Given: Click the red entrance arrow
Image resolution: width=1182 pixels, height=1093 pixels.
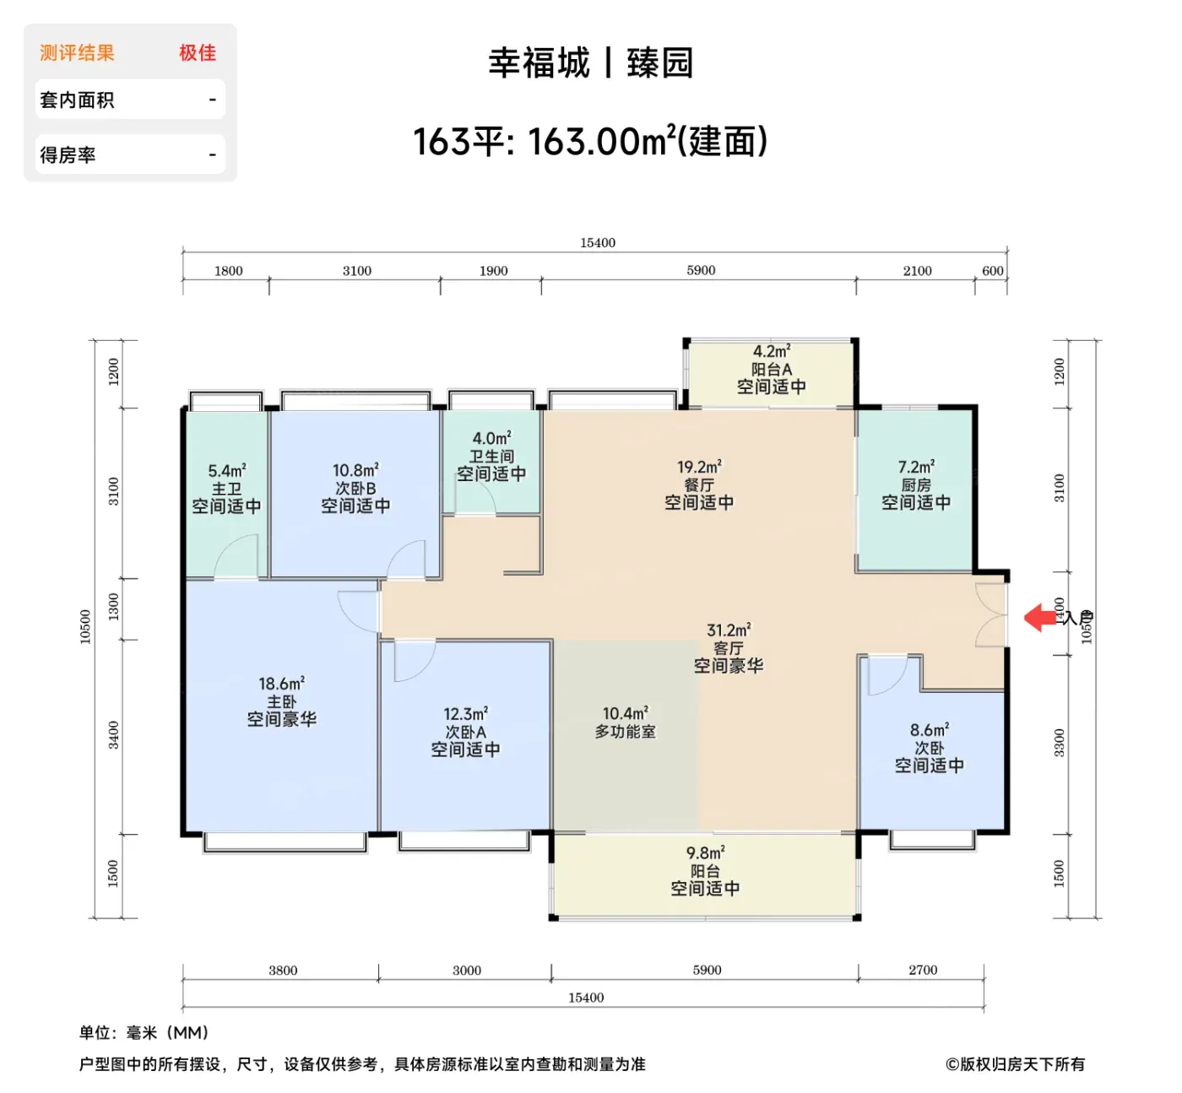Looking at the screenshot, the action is coord(1040,617).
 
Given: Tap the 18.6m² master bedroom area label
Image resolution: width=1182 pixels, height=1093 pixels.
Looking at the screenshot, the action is coord(281,683).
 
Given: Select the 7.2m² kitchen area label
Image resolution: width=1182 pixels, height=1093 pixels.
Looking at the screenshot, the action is coord(916,467).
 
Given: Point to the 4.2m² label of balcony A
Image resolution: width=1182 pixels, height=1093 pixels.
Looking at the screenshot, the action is coord(772,351).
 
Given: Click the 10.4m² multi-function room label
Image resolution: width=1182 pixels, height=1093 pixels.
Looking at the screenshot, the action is coord(626,713).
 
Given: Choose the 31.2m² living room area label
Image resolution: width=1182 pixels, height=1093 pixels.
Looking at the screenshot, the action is coord(729,630).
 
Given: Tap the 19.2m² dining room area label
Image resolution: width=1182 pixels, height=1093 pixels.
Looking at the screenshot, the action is coord(699,467).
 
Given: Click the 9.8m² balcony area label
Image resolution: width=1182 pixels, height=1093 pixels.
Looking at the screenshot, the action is coord(705,852).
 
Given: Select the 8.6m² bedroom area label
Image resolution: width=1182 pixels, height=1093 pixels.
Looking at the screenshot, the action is coord(929,729).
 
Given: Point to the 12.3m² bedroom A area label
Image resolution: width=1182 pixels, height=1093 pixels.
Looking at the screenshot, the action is coord(465,713).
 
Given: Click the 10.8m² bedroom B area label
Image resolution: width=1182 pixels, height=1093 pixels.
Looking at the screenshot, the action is coord(355,470).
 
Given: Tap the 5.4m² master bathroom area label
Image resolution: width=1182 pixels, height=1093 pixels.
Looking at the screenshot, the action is coord(227,471).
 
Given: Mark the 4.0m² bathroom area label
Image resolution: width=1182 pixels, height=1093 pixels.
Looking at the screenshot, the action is coord(491,438).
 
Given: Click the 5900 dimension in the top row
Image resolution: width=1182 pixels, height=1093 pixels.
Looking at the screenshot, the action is coord(701,270).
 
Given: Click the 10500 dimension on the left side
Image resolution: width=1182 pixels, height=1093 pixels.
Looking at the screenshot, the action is coord(85,626).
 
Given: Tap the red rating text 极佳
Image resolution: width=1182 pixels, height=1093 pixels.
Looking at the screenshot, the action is coord(198,52).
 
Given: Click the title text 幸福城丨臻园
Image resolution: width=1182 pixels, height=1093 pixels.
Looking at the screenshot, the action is coord(591,62).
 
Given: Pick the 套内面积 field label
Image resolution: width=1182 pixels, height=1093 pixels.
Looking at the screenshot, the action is coord(77,100).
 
